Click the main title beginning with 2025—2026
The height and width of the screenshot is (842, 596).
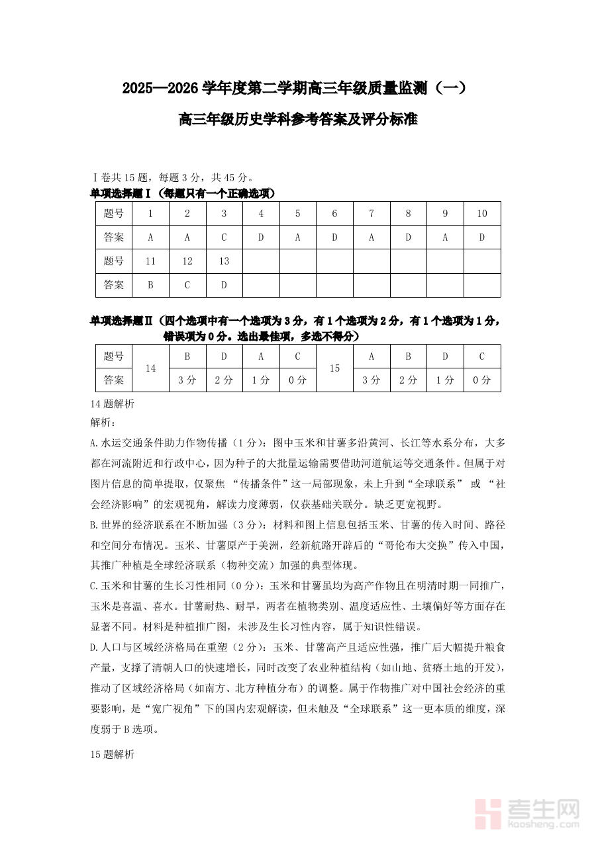tap(297, 88)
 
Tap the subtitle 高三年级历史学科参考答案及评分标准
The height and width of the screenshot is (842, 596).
tap(297, 120)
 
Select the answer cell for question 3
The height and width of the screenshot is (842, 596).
tap(224, 237)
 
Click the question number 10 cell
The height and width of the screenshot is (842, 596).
tap(482, 213)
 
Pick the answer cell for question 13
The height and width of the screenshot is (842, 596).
tap(224, 285)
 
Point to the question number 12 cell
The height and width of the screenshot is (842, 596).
tap(187, 261)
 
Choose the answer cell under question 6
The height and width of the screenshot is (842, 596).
tap(334, 237)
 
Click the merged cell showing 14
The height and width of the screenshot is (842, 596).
tap(150, 368)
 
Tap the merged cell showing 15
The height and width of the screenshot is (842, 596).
tap(334, 368)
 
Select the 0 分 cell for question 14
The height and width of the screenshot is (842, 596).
tap(297, 380)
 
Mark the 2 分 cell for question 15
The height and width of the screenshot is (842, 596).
tap(408, 380)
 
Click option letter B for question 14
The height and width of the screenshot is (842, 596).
tap(187, 357)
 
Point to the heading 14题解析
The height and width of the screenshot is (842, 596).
tap(112, 403)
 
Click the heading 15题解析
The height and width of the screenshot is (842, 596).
tap(112, 754)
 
